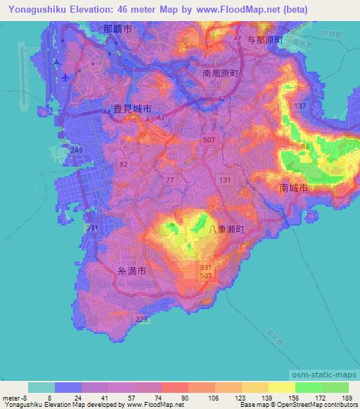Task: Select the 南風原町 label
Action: tap(221, 72)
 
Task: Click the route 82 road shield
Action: tap(124, 164)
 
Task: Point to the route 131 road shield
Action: tap(225, 181)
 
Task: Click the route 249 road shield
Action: tap(77, 151)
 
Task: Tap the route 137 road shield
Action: tap(300, 105)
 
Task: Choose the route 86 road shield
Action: tap(305, 146)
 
